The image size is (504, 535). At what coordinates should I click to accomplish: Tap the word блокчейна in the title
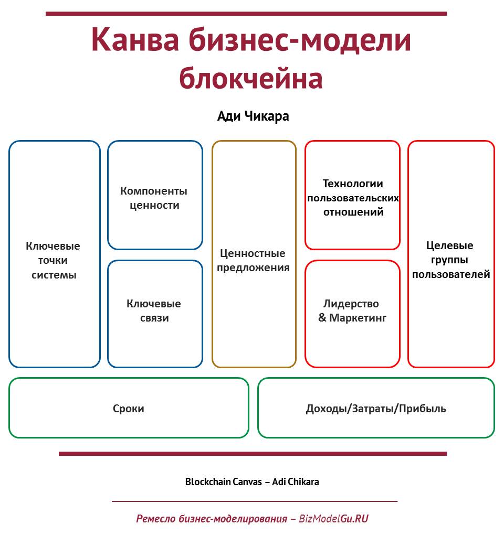[251, 78]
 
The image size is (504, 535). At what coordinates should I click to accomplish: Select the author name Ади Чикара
[253, 116]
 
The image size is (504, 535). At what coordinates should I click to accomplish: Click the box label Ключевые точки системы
[53, 260]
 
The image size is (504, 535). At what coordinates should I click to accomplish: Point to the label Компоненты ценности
[154, 198]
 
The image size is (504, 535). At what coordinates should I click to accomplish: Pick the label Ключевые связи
[154, 311]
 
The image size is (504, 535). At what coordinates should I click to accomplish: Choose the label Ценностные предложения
[253, 260]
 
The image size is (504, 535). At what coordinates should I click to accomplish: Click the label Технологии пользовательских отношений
[353, 198]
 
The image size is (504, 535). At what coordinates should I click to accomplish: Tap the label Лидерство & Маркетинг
[352, 311]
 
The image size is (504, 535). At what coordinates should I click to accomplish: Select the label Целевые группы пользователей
[451, 260]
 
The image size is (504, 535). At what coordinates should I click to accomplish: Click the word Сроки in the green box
[129, 409]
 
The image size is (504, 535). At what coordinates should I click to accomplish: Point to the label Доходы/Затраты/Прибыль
[376, 409]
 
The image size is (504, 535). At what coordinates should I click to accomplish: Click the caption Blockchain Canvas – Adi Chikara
[252, 482]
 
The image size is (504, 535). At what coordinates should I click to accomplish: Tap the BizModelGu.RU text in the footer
[333, 519]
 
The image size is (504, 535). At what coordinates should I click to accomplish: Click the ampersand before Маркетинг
[322, 318]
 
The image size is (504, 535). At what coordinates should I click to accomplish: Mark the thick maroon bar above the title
[246, 14]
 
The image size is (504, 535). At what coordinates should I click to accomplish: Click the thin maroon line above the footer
[255, 501]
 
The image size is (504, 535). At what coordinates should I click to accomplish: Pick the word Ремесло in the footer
[156, 519]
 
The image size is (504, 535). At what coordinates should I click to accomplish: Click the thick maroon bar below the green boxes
[253, 454]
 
